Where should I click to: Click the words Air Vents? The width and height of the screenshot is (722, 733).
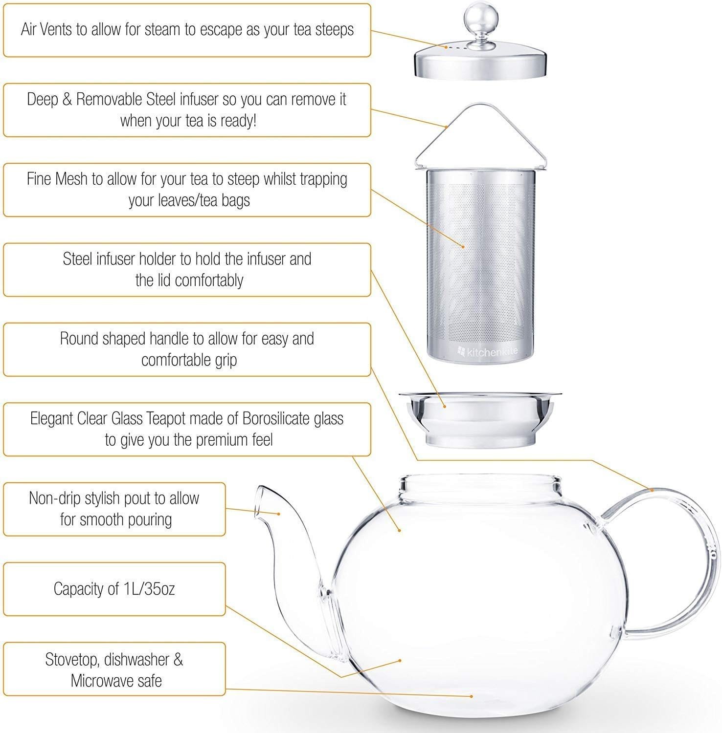47,29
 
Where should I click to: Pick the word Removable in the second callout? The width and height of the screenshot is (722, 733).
109,99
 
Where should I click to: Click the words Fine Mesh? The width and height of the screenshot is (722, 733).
57,179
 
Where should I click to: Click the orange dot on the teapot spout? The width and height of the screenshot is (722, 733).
279,514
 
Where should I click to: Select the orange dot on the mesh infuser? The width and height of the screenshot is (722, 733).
464,247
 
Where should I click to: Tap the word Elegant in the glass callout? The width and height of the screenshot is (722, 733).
52,418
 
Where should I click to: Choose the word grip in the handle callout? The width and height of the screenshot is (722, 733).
225,360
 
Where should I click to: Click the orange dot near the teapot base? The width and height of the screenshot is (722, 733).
472,696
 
